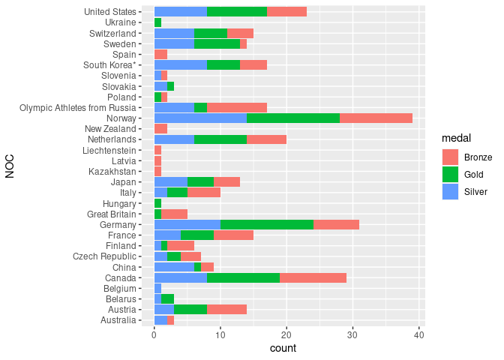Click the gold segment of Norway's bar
point(292,118)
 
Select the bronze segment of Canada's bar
point(313,277)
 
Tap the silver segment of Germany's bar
point(187,224)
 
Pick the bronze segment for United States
point(286,11)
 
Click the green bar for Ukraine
point(157,22)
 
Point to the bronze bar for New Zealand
point(160,129)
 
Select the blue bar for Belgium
point(157,288)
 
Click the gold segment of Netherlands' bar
point(220,139)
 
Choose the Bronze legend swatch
point(450,157)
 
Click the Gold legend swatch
point(450,174)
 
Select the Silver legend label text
point(476,192)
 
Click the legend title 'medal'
point(456,139)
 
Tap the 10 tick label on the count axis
point(220,335)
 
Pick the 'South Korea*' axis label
point(111,64)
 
